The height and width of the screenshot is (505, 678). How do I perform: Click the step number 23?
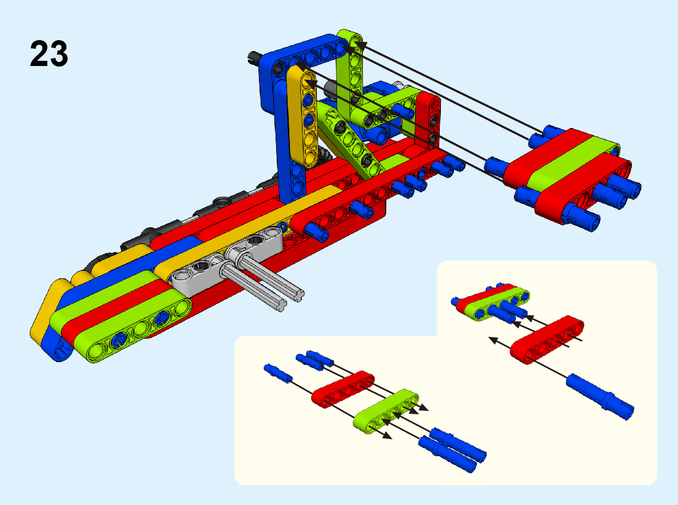49,53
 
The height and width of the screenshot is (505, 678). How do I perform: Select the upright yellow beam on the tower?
303,116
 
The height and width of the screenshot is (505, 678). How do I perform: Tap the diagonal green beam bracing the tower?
350,139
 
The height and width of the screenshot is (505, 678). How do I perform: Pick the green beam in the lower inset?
386,411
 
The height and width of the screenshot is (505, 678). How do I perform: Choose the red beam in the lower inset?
343,389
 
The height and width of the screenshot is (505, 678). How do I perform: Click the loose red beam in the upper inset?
547,340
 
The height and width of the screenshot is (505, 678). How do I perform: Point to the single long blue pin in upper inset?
600,396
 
